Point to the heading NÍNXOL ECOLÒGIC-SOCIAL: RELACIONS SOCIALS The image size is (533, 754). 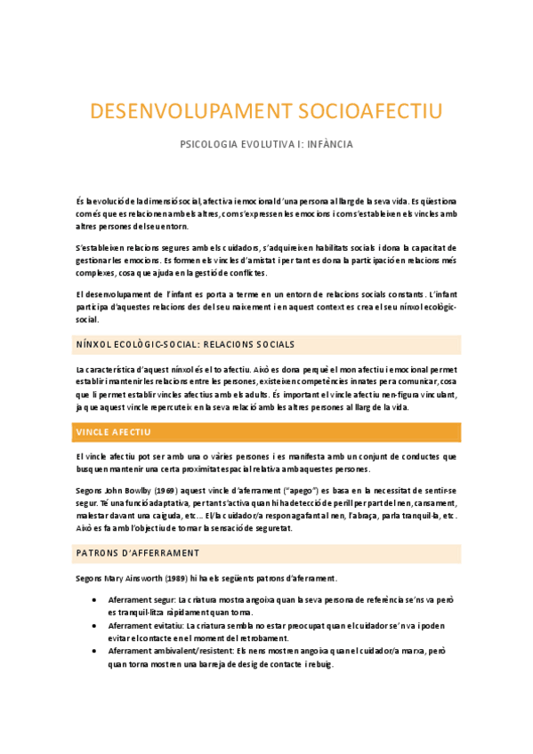185,344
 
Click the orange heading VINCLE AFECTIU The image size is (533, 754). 114,432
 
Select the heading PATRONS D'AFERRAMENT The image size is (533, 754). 138,553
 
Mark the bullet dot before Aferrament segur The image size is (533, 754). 95,601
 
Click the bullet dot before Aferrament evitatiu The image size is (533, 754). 95,626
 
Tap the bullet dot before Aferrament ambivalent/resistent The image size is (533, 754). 95,651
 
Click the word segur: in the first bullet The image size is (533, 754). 165,601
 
